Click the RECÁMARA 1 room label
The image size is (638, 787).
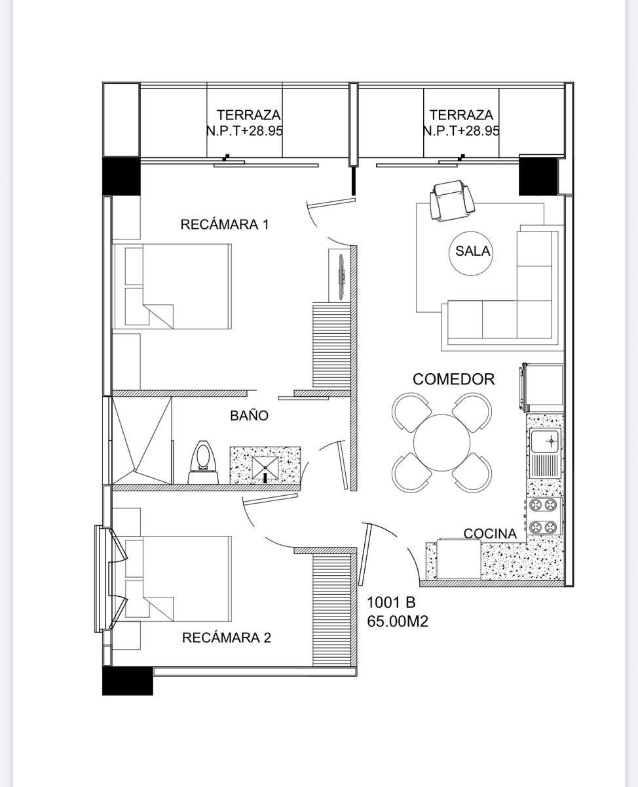click(x=225, y=224)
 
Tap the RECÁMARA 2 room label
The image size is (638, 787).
click(x=227, y=637)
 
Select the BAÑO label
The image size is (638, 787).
click(x=249, y=416)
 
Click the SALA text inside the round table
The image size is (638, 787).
click(x=472, y=251)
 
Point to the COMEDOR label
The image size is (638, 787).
click(x=453, y=380)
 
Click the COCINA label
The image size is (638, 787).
click(x=490, y=534)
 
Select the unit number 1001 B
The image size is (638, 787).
click(x=391, y=603)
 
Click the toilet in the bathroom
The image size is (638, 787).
click(x=203, y=462)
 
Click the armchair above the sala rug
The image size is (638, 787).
click(x=452, y=201)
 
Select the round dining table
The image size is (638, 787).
click(x=441, y=443)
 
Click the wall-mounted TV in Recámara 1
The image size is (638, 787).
click(x=343, y=273)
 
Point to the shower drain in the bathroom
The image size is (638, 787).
click(x=135, y=470)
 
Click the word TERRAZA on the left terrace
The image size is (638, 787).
click(x=248, y=115)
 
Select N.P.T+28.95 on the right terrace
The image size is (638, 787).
click(x=461, y=131)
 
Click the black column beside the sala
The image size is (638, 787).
click(x=537, y=176)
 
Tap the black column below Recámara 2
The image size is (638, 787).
click(x=127, y=681)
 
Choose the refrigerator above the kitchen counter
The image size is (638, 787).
click(x=542, y=388)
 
